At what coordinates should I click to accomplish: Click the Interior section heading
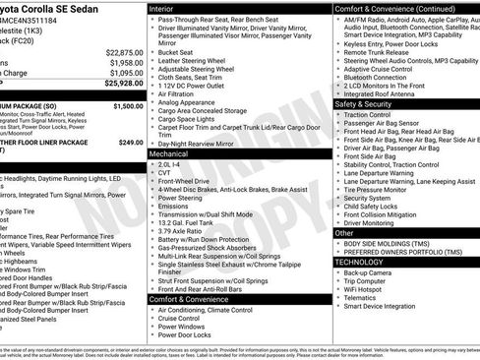click(x=162, y=8)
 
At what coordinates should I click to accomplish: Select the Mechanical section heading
click(x=169, y=153)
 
